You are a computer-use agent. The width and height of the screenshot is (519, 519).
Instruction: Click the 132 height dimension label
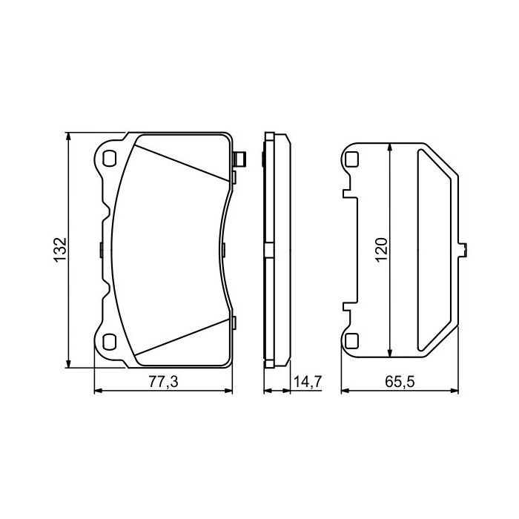point(61,249)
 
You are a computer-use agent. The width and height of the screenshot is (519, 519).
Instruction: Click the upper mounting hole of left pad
point(110,158)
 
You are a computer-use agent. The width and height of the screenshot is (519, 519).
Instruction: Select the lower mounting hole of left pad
point(110,341)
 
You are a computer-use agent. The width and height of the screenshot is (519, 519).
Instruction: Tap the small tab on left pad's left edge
point(100,250)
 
